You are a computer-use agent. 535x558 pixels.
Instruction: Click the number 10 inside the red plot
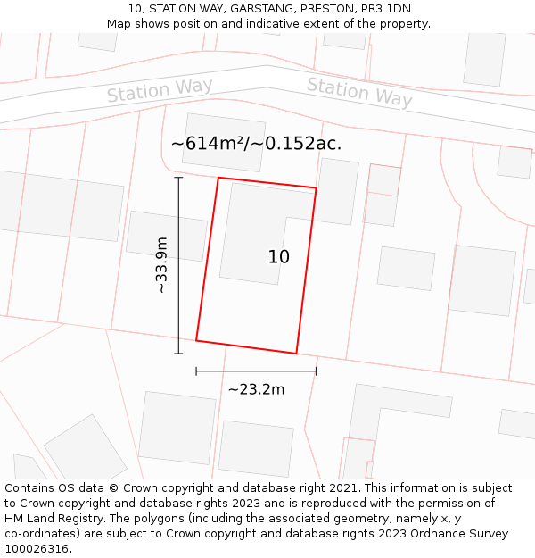tap(278, 257)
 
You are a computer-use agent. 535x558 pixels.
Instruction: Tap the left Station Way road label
tap(160, 90)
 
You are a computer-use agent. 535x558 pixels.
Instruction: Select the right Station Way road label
tap(359, 92)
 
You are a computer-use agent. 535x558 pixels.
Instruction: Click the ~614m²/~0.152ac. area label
tap(256, 143)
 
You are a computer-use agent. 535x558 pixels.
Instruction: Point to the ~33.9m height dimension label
tap(160, 265)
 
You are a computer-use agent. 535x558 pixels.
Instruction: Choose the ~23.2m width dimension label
tap(256, 389)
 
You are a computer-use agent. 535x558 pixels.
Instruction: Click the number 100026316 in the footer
tap(37, 548)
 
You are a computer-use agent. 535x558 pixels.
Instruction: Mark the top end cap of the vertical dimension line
tap(178, 178)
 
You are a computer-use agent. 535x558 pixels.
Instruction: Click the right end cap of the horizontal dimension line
tap(316, 371)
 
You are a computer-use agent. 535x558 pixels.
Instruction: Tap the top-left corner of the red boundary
tap(218, 178)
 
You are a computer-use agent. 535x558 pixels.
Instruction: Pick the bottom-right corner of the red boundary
tap(296, 354)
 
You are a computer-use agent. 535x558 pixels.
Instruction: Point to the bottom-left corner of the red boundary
tap(196, 340)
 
